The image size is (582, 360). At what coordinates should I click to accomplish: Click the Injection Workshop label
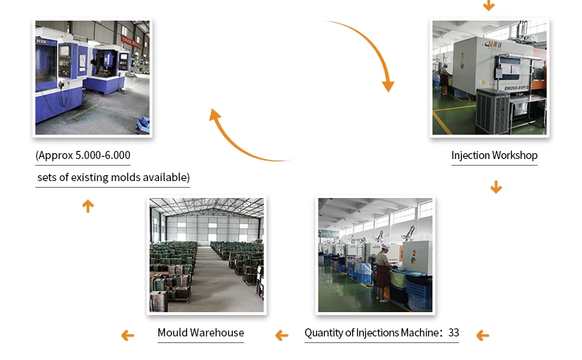(x=494, y=155)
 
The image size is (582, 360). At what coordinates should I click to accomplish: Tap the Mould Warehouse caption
(x=200, y=333)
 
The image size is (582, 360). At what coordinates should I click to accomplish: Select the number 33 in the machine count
(x=453, y=333)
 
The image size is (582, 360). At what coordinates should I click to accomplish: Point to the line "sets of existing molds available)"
(x=113, y=177)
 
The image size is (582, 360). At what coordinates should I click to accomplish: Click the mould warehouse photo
(x=206, y=255)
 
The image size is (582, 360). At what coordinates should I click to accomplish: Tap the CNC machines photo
(x=92, y=78)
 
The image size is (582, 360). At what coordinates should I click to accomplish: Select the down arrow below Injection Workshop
(x=496, y=187)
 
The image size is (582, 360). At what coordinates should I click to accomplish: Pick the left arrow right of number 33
(x=483, y=336)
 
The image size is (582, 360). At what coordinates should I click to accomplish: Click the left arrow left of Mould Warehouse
(x=127, y=336)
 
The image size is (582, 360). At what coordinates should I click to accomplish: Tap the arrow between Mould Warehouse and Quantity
(x=281, y=336)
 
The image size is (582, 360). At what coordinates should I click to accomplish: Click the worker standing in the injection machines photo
(x=382, y=272)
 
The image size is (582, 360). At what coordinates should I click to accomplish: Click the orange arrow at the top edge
(x=488, y=5)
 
